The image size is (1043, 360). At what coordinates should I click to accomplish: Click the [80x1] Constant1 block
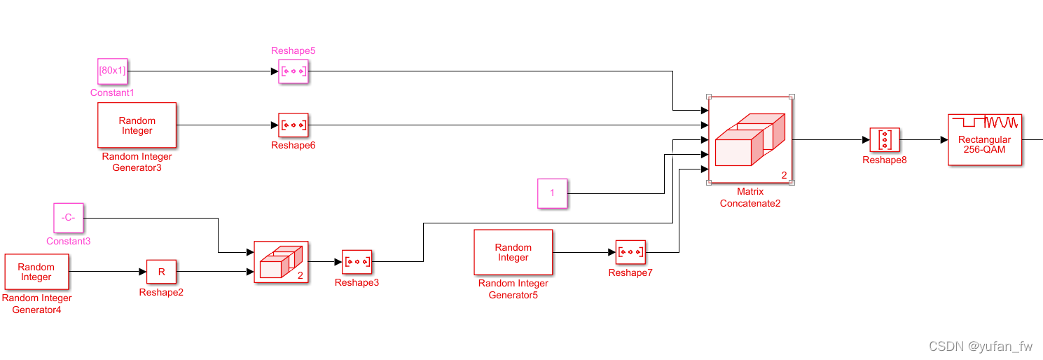[x=112, y=71]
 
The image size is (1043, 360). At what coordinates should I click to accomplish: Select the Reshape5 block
[x=293, y=71]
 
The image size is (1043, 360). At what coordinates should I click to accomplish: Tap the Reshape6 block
[x=293, y=126]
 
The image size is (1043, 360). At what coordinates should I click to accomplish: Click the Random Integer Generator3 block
[x=137, y=125]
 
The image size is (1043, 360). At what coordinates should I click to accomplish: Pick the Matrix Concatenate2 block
[x=750, y=139]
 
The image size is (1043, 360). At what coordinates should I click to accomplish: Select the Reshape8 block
[x=885, y=139]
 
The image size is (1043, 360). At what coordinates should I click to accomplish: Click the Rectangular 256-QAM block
[x=984, y=139]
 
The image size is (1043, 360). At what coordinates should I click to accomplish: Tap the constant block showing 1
[x=552, y=193]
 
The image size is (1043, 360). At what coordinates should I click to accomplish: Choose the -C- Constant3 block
[x=68, y=217]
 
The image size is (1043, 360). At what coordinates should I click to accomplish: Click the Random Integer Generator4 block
[x=36, y=272]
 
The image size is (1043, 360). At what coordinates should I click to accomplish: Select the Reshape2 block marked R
[x=161, y=272]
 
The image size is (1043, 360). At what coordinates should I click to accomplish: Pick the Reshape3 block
[x=357, y=262]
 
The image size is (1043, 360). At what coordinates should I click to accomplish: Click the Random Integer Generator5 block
[x=513, y=252]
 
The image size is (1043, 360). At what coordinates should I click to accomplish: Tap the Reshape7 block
[x=630, y=251]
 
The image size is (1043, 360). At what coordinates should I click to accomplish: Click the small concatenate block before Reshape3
[x=281, y=262]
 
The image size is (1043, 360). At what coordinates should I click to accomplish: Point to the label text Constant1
[x=112, y=92]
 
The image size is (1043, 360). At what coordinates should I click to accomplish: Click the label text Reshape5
[x=293, y=50]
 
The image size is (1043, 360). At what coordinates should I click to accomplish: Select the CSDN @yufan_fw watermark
[x=980, y=346]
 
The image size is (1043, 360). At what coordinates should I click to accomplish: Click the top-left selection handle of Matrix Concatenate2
[x=709, y=97]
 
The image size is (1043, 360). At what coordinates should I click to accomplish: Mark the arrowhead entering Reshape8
[x=866, y=139]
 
